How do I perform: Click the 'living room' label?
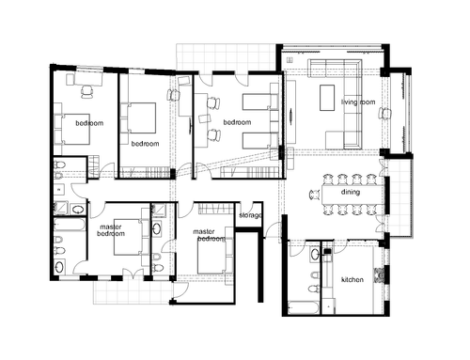point(358,102)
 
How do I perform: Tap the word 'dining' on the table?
point(351,192)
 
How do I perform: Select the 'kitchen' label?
point(352,279)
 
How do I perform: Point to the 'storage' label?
point(250,215)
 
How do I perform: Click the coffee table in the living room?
point(327,98)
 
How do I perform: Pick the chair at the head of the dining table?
point(315,195)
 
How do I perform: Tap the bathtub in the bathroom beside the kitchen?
point(304,307)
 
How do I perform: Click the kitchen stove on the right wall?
point(380,275)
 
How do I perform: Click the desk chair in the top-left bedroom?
point(87,92)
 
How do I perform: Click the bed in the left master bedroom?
point(128,237)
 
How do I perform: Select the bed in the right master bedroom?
point(211,256)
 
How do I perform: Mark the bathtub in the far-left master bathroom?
point(70,225)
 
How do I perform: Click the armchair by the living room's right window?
point(385,113)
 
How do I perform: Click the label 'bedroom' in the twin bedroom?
point(237,122)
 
